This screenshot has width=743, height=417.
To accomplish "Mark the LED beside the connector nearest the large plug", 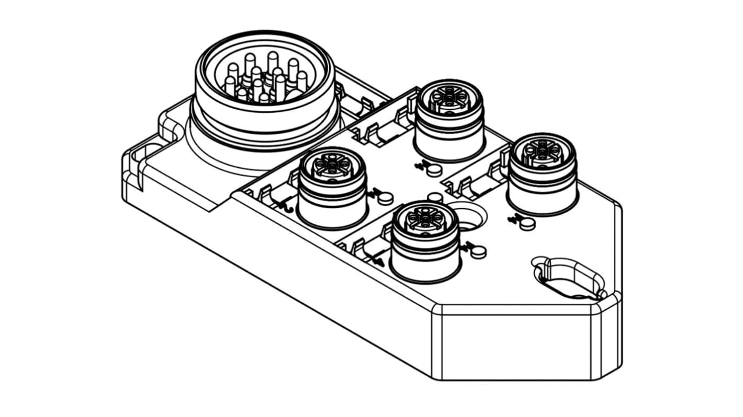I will pos(386,198).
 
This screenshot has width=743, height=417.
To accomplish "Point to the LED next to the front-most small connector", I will pos(478,252).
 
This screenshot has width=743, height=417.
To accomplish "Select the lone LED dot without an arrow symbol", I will pos(434,198).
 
